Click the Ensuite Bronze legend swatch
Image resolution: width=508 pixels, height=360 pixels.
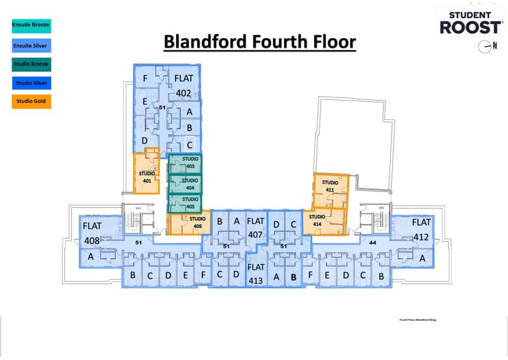[31, 25]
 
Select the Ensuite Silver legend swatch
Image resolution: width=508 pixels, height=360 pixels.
[31, 44]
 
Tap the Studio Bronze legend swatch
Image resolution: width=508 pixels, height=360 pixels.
[31, 63]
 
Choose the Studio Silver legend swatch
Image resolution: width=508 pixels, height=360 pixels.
[31, 82]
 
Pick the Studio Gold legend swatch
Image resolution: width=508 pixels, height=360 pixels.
[31, 101]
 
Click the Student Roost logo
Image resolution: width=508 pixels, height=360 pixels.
[471, 23]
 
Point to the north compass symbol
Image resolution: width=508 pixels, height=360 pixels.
[488, 46]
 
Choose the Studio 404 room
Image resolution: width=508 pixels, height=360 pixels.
[185, 184]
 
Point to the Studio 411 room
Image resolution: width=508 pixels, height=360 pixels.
[331, 187]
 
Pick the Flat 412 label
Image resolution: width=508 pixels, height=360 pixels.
[421, 229]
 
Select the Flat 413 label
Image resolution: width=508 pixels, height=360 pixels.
[256, 274]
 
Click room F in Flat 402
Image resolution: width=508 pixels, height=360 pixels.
[145, 79]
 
